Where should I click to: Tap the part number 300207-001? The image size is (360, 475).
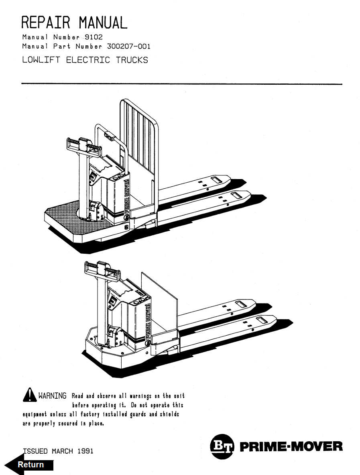129,47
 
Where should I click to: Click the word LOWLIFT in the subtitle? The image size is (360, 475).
41,60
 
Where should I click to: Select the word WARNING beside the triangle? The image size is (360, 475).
52,396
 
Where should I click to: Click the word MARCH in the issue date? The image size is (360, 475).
62,451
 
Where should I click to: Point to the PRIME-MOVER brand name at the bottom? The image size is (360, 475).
291,446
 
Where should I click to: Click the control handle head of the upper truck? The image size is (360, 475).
85,145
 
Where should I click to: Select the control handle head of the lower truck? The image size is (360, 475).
102,269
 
